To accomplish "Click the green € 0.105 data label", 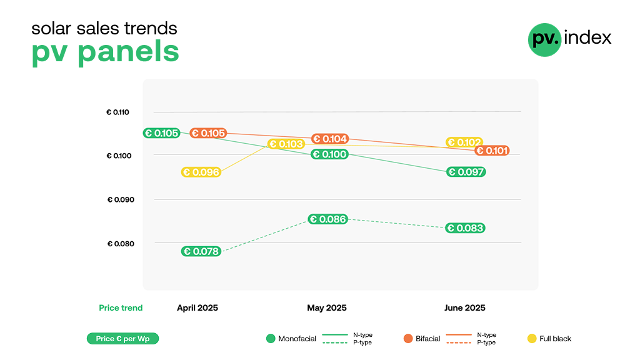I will (162, 133).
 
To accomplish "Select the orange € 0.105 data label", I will (209, 133).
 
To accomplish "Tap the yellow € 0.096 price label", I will (201, 172).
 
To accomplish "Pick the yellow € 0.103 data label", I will (286, 144).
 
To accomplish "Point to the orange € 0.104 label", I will (330, 139).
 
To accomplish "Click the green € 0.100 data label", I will (329, 154).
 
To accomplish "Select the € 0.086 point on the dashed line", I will (327, 219).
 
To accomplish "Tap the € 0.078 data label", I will (201, 251).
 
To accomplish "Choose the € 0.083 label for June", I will (466, 228).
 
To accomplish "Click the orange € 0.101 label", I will (492, 151).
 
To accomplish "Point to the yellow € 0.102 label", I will (464, 142).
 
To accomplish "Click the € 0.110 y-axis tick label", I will (117, 112).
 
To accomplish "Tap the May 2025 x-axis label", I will (326, 308).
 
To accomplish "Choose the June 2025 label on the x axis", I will (464, 308).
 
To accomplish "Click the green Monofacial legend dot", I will (271, 339).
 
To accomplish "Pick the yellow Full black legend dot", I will (532, 339).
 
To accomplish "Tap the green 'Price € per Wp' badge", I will (122, 339).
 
